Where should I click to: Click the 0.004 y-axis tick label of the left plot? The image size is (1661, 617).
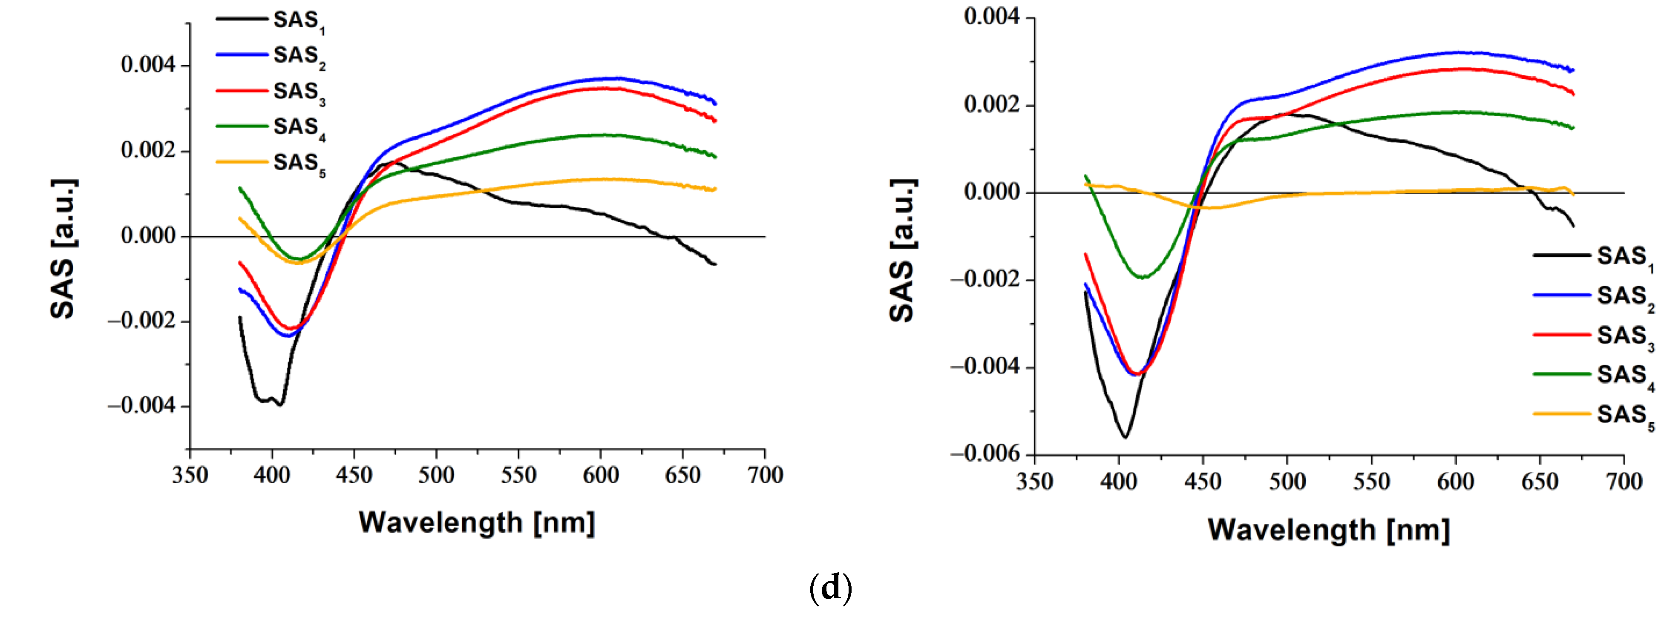click(x=148, y=65)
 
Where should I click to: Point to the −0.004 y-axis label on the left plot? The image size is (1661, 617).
click(x=141, y=406)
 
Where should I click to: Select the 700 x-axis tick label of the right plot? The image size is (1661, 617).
click(x=1624, y=482)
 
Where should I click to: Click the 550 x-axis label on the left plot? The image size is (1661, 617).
click(x=518, y=476)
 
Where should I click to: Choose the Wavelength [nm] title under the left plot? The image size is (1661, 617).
click(x=477, y=522)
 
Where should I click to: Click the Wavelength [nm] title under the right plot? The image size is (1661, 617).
click(x=1328, y=530)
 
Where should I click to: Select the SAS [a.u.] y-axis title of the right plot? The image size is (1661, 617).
click(x=902, y=250)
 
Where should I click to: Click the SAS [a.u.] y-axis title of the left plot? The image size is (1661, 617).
click(x=63, y=249)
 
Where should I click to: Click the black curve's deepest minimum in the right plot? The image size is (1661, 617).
click(x=1125, y=438)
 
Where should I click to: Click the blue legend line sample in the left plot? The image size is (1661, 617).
click(x=242, y=55)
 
